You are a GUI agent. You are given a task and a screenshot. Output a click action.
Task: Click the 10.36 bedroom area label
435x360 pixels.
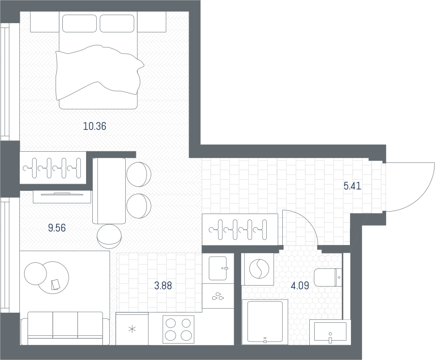click(x=95, y=126)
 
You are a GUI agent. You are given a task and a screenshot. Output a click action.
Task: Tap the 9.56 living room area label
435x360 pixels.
click(x=57, y=228)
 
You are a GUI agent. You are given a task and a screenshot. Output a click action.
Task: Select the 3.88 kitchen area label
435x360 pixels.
click(x=163, y=285)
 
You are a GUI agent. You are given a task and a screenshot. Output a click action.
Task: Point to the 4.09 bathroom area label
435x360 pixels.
click(x=300, y=285)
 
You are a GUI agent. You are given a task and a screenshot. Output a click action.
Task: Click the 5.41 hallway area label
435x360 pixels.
click(x=352, y=186)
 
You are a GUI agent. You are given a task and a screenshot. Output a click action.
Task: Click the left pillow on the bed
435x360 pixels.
click(x=79, y=23)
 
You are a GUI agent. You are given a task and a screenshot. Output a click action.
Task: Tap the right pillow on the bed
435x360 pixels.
click(x=117, y=23)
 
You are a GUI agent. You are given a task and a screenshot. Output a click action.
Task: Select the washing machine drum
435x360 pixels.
click(x=259, y=269)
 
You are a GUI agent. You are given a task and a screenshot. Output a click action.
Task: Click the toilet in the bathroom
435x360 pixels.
click(x=328, y=277)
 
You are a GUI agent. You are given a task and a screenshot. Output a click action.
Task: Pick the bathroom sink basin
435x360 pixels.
click(x=330, y=331)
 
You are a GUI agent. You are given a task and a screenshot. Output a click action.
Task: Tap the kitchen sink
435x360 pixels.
click(x=218, y=268)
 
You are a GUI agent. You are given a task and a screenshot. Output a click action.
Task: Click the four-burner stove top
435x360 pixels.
click(x=178, y=330)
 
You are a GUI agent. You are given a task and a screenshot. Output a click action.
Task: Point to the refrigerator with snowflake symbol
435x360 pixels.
click(x=132, y=329)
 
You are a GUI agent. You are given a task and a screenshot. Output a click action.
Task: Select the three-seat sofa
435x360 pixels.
click(x=65, y=329)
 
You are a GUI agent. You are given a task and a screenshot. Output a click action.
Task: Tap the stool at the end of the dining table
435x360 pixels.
click(x=109, y=236)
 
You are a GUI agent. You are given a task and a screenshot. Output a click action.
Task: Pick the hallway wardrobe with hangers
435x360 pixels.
click(x=240, y=230)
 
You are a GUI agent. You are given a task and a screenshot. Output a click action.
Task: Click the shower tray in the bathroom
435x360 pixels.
click(x=265, y=322)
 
